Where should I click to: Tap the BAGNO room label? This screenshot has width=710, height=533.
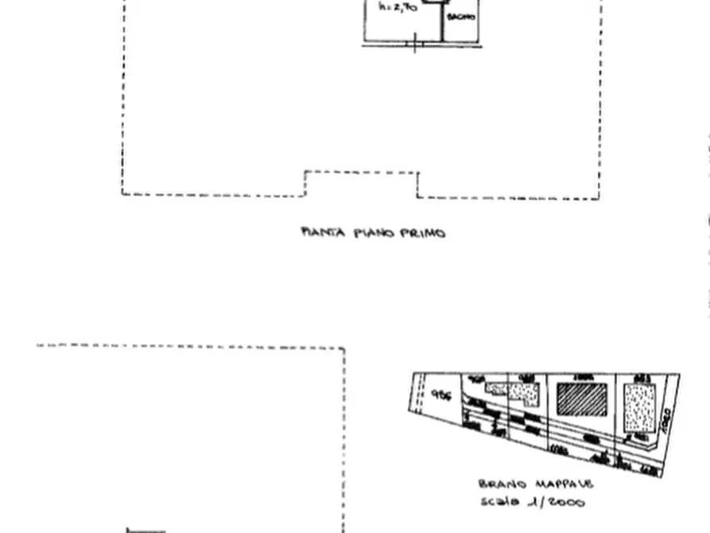coord(461,18)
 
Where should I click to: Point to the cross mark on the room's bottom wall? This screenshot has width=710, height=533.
coord(415,42)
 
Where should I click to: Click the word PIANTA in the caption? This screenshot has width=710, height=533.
coord(318,233)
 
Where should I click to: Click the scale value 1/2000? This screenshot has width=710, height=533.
coord(560,502)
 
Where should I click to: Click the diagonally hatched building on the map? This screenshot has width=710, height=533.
coord(581,399)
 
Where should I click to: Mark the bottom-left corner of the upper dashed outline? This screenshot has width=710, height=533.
coord(122,193)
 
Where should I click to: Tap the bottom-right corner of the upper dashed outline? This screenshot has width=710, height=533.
coord(599,198)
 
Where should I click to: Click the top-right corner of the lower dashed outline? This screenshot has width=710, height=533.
coord(344,348)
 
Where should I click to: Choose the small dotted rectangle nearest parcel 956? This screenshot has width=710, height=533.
coord(495,389)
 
